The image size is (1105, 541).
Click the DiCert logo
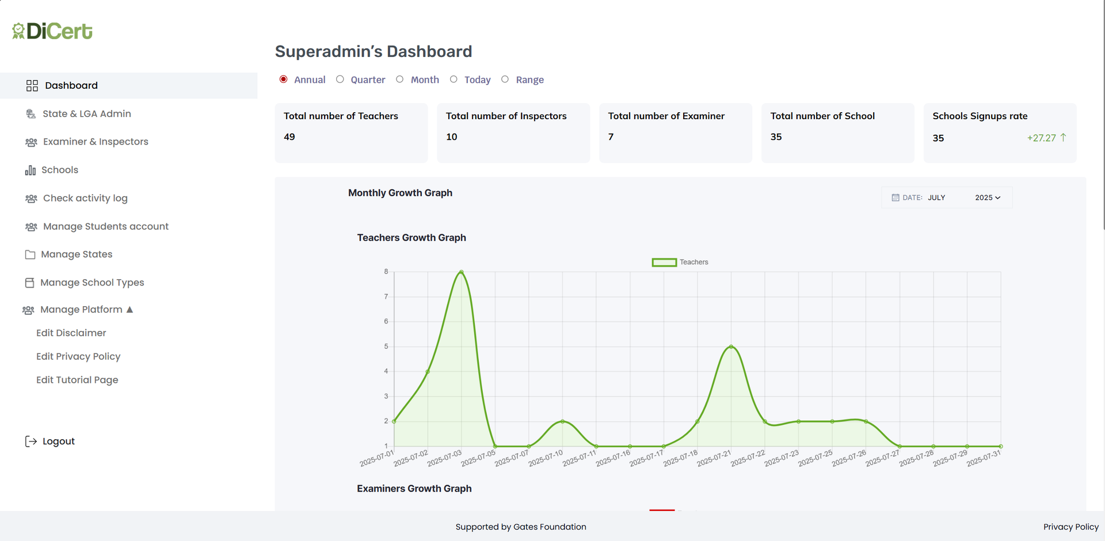point(52,31)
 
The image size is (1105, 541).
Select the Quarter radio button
point(340,79)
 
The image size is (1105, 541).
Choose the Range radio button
point(505,79)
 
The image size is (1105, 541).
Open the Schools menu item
point(59,170)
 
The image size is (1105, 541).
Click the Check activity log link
point(85,198)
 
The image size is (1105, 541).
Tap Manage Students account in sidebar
point(105,226)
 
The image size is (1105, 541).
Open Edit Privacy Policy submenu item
point(78,356)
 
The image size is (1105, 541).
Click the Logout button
point(58,441)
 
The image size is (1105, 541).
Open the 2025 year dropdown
point(988,197)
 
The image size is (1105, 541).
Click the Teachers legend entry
point(680,262)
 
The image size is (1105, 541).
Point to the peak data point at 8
point(462,272)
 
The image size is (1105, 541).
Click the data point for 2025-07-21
point(731,346)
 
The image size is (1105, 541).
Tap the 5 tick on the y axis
point(386,346)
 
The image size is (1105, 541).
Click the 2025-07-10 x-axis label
point(546,458)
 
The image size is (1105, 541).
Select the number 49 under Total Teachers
point(289,137)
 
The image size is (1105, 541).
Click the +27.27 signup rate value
point(1041,138)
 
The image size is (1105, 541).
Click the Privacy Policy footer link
point(1070,527)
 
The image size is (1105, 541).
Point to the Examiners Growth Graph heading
point(414,489)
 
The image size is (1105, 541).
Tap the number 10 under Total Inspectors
point(452,137)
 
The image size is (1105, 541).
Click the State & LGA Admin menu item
point(86,114)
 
